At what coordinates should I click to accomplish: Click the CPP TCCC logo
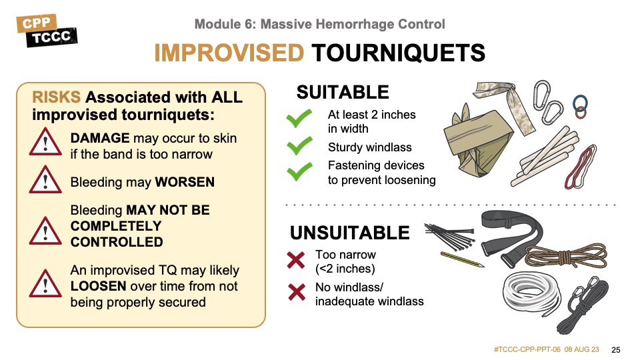point(47,31)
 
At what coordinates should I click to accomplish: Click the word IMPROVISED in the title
point(229,53)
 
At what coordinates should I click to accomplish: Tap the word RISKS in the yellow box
point(56,97)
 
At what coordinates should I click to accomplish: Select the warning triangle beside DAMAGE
point(45,141)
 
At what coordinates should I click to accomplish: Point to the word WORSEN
point(185,182)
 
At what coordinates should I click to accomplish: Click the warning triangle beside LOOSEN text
point(45,283)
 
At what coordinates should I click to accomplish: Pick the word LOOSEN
point(98,286)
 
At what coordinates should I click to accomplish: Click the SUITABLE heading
point(343,92)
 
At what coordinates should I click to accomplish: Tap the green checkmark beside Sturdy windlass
point(299,146)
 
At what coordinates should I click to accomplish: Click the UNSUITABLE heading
point(350,233)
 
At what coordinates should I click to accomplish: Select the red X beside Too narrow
point(296,260)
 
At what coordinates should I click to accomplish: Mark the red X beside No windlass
point(297,292)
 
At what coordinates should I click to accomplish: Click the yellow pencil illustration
point(463,259)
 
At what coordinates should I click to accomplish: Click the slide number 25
point(616,350)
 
